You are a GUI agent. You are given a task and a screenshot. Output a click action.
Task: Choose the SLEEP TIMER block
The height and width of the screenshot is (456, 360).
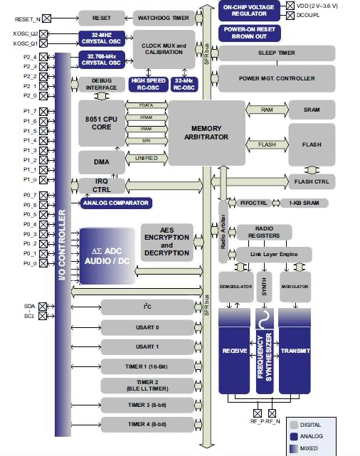[276, 53]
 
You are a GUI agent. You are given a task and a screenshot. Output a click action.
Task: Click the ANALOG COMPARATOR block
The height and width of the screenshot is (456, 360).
[116, 203]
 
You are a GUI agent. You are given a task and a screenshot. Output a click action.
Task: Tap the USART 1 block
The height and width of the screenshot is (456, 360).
[147, 346]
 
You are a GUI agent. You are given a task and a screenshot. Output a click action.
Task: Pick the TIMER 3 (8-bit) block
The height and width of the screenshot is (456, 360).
[147, 405]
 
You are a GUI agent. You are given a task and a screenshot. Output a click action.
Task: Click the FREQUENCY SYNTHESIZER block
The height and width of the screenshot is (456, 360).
[265, 352]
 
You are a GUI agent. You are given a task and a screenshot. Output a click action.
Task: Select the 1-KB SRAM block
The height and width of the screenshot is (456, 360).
[308, 203]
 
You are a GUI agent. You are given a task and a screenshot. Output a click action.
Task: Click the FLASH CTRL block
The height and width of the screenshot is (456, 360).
[311, 181]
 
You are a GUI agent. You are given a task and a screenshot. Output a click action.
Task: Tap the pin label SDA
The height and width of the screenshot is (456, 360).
[29, 306]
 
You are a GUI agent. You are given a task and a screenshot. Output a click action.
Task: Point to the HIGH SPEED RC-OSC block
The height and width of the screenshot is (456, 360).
[148, 85]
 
